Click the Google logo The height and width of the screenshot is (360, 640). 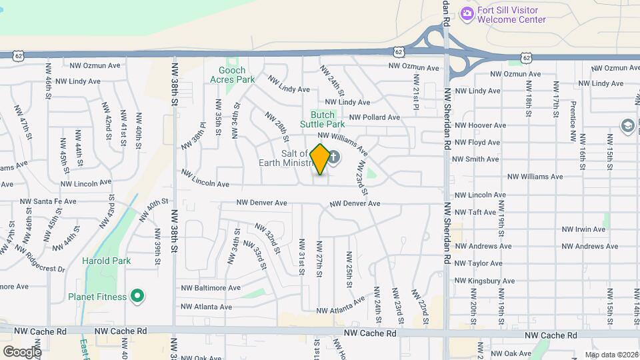(x=22, y=351)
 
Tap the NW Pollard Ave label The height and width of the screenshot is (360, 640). (x=374, y=117)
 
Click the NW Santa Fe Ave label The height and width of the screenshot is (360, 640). (x=45, y=201)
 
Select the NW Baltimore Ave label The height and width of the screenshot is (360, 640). (x=211, y=288)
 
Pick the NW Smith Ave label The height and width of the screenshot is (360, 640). (x=475, y=159)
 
